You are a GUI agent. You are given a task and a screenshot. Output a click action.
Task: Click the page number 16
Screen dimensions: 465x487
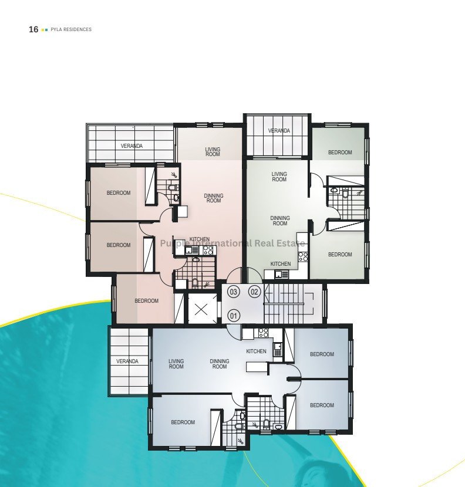[x=33, y=29]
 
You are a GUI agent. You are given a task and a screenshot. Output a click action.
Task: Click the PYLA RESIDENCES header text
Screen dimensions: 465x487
[x=71, y=29]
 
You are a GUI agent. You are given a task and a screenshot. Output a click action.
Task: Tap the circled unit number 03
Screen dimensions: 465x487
[x=233, y=292]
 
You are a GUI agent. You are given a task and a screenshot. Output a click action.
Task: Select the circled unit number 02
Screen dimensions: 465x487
[x=254, y=292]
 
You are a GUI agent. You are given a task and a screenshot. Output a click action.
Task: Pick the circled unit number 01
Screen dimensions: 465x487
[x=234, y=316]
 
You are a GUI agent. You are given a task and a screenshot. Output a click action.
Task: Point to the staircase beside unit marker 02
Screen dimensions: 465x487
[x=288, y=304]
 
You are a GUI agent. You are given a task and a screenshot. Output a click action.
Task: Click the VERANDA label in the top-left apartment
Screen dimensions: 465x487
[x=132, y=146]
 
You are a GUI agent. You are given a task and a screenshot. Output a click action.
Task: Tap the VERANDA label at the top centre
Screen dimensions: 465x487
[x=279, y=131]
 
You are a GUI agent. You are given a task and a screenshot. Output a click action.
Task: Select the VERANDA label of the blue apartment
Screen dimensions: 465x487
[x=127, y=361]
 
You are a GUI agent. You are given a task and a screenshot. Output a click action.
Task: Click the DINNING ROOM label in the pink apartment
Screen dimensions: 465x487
[x=214, y=198]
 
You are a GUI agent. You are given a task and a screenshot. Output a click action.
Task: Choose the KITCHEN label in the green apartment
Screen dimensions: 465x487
[x=281, y=263]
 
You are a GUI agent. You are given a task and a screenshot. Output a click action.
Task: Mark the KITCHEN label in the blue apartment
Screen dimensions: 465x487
[x=256, y=351]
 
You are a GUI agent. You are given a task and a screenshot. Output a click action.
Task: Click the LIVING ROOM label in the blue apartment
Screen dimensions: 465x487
[x=176, y=364]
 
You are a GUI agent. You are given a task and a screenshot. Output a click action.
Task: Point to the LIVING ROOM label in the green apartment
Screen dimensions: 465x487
[x=279, y=177]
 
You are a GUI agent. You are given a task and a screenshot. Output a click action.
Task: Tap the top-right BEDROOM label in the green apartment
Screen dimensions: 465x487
[x=340, y=153]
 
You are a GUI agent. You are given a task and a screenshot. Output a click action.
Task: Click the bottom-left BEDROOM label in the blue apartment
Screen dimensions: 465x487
[x=183, y=422]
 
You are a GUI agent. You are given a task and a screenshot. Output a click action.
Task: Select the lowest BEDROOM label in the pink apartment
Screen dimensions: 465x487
[x=146, y=301]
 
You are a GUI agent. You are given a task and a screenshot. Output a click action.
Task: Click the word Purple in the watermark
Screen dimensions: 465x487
[x=173, y=243]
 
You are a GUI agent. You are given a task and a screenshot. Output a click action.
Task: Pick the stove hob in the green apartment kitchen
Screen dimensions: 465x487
[x=303, y=256]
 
